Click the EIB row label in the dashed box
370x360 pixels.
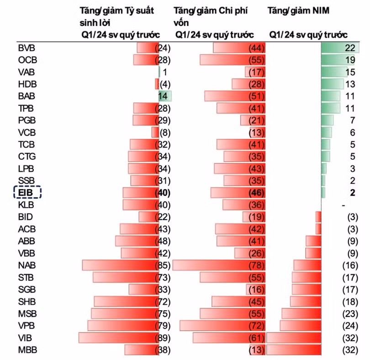click(x=26, y=193)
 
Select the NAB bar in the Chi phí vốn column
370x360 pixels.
click(x=219, y=265)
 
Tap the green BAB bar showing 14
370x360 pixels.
click(x=165, y=96)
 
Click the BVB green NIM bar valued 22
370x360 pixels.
click(x=340, y=48)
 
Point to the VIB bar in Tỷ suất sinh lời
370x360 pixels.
click(x=119, y=338)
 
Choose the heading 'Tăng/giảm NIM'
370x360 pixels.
click(x=298, y=11)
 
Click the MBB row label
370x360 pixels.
click(x=27, y=350)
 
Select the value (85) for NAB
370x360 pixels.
click(x=163, y=265)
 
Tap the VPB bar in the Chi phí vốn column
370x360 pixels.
click(x=222, y=326)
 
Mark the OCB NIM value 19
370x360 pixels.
click(x=350, y=60)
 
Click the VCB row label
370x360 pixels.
click(x=27, y=132)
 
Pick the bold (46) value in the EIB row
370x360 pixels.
click(x=257, y=193)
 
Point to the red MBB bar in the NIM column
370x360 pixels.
click(x=294, y=350)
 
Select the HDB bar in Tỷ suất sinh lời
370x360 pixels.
click(x=157, y=84)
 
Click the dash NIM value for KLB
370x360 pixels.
click(x=344, y=206)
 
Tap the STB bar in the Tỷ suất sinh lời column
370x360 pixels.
click(x=126, y=277)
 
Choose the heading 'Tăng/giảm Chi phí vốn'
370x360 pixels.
click(x=211, y=16)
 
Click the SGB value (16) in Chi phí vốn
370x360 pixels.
click(x=257, y=290)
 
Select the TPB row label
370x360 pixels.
click(x=26, y=108)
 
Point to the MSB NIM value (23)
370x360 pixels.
click(x=350, y=314)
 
